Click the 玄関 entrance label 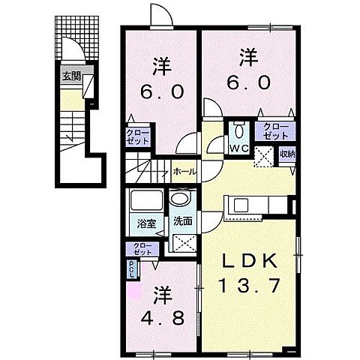point(71,76)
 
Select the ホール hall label point(184,172)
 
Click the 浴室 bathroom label point(145,223)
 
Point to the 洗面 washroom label point(182,223)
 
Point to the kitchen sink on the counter point(241,205)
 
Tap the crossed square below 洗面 point(182,242)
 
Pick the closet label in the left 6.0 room point(138,137)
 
